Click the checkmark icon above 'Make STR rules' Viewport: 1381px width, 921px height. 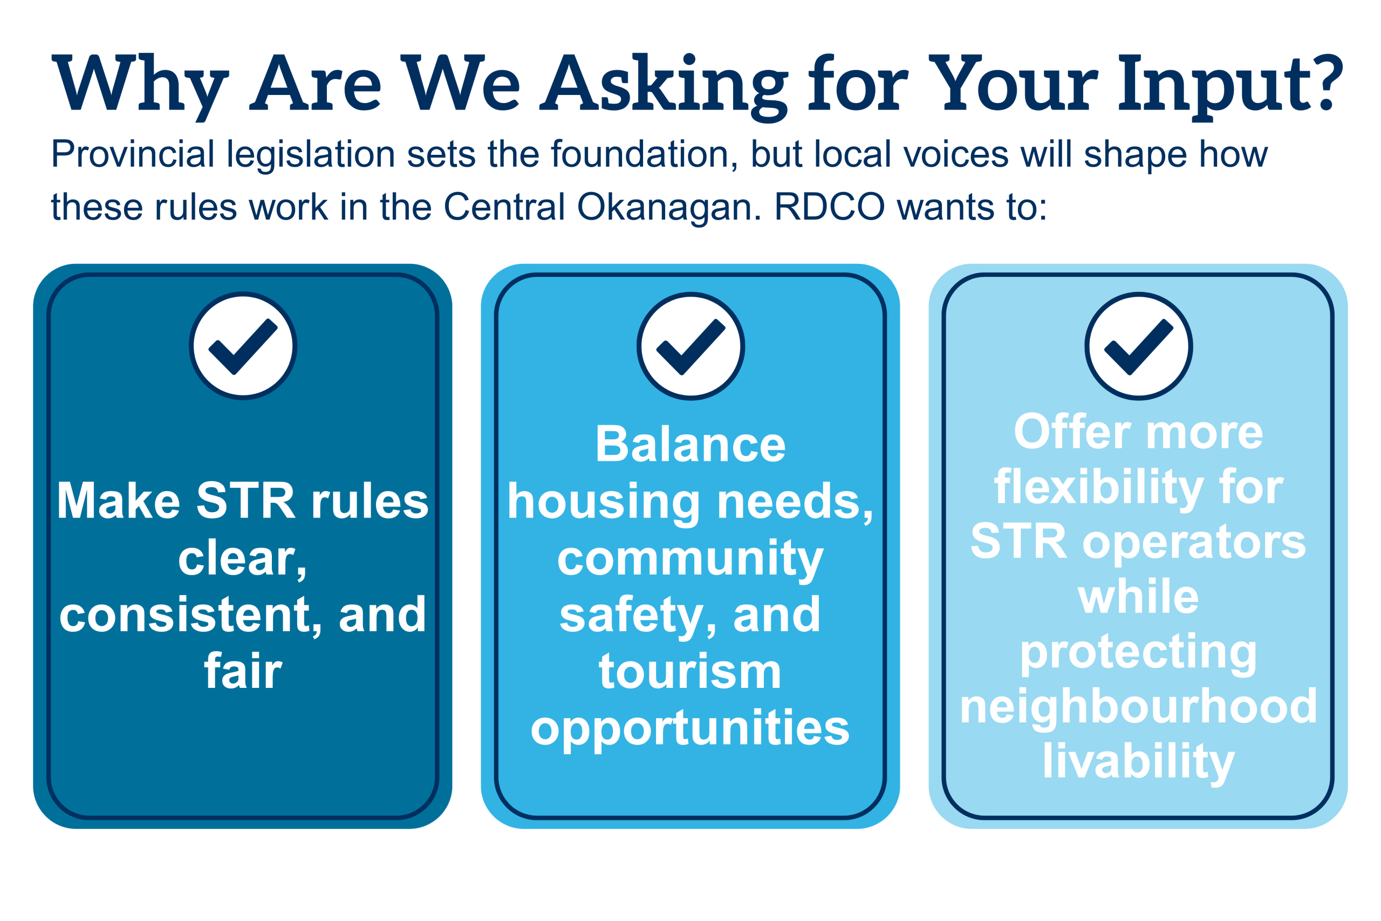coord(243,346)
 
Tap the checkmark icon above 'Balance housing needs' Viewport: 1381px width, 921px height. coord(691,346)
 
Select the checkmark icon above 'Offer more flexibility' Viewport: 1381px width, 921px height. coord(1138,346)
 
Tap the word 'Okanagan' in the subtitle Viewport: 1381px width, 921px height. coord(668,208)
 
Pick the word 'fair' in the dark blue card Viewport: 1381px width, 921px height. coord(243,670)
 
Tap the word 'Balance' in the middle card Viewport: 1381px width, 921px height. coord(690,445)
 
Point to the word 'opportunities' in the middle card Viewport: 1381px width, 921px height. coord(690,728)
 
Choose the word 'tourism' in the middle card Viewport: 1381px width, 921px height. coord(690,671)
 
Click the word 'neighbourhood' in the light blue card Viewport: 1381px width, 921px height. coord(1138,707)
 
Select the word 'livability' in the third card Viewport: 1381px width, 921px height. coord(1138,762)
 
